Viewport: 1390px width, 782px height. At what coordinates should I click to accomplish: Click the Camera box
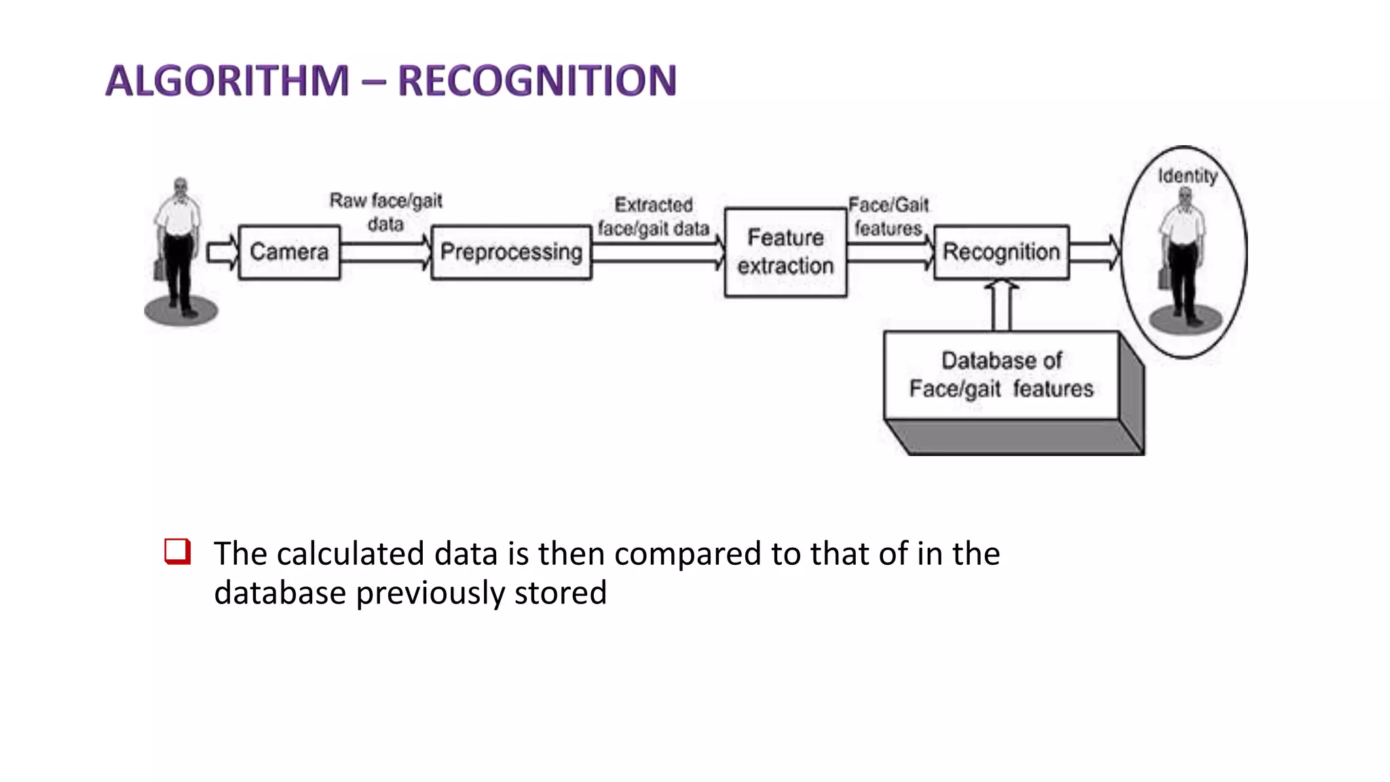tap(289, 252)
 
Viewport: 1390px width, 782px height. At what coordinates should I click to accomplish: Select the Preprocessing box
tap(511, 252)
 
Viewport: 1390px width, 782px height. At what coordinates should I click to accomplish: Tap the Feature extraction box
tap(785, 252)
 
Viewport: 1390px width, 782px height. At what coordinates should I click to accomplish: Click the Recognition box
tap(1001, 252)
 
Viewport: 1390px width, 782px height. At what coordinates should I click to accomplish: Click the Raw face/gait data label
tap(386, 212)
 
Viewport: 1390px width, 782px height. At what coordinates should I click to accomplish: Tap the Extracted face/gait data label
tap(653, 217)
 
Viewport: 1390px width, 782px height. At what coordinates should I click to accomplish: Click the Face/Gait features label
tap(888, 217)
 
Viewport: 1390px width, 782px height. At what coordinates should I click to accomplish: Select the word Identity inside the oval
tap(1187, 176)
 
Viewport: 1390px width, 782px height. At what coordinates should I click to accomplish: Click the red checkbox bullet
tap(177, 551)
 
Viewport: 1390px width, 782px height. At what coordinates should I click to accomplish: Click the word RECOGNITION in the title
tap(537, 80)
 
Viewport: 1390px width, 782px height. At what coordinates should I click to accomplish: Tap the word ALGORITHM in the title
tap(227, 80)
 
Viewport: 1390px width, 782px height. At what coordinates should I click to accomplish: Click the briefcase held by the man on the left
tap(159, 269)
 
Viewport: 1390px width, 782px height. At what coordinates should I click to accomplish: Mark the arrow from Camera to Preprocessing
tap(386, 253)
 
